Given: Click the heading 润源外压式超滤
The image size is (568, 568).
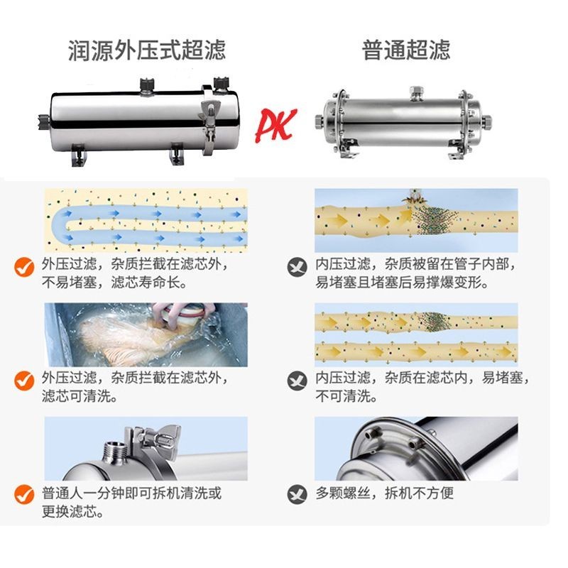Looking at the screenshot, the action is pyautogui.click(x=147, y=50).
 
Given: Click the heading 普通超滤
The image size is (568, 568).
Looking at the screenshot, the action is pyautogui.click(x=406, y=50).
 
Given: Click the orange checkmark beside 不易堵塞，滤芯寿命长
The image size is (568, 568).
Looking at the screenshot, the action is pyautogui.click(x=24, y=267).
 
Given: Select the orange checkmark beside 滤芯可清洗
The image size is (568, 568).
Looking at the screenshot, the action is pyautogui.click(x=24, y=381).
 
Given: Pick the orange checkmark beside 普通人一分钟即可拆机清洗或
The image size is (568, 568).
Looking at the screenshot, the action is pyautogui.click(x=24, y=494).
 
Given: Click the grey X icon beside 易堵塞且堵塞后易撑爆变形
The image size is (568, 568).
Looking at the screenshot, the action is pyautogui.click(x=297, y=267).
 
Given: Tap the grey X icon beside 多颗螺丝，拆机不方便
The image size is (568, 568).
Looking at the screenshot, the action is pyautogui.click(x=297, y=494).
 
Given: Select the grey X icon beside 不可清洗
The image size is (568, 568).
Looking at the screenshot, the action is pyautogui.click(x=297, y=381).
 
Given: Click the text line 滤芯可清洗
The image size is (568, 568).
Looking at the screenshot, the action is pyautogui.click(x=80, y=396).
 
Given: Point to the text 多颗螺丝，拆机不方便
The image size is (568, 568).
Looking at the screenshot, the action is pyautogui.click(x=384, y=493).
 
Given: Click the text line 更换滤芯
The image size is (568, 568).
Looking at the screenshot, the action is pyautogui.click(x=72, y=511).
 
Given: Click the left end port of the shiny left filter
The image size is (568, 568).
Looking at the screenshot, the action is pyautogui.click(x=43, y=121).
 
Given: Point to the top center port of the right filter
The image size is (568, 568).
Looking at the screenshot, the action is pyautogui.click(x=416, y=93).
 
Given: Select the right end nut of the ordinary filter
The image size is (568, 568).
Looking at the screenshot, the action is pyautogui.click(x=486, y=122).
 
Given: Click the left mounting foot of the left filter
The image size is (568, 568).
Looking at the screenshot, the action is pyautogui.click(x=79, y=155).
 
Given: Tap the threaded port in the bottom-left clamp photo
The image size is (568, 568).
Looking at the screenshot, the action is pyautogui.click(x=114, y=452).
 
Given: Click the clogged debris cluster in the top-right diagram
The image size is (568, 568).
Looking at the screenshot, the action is pyautogui.click(x=434, y=218).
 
